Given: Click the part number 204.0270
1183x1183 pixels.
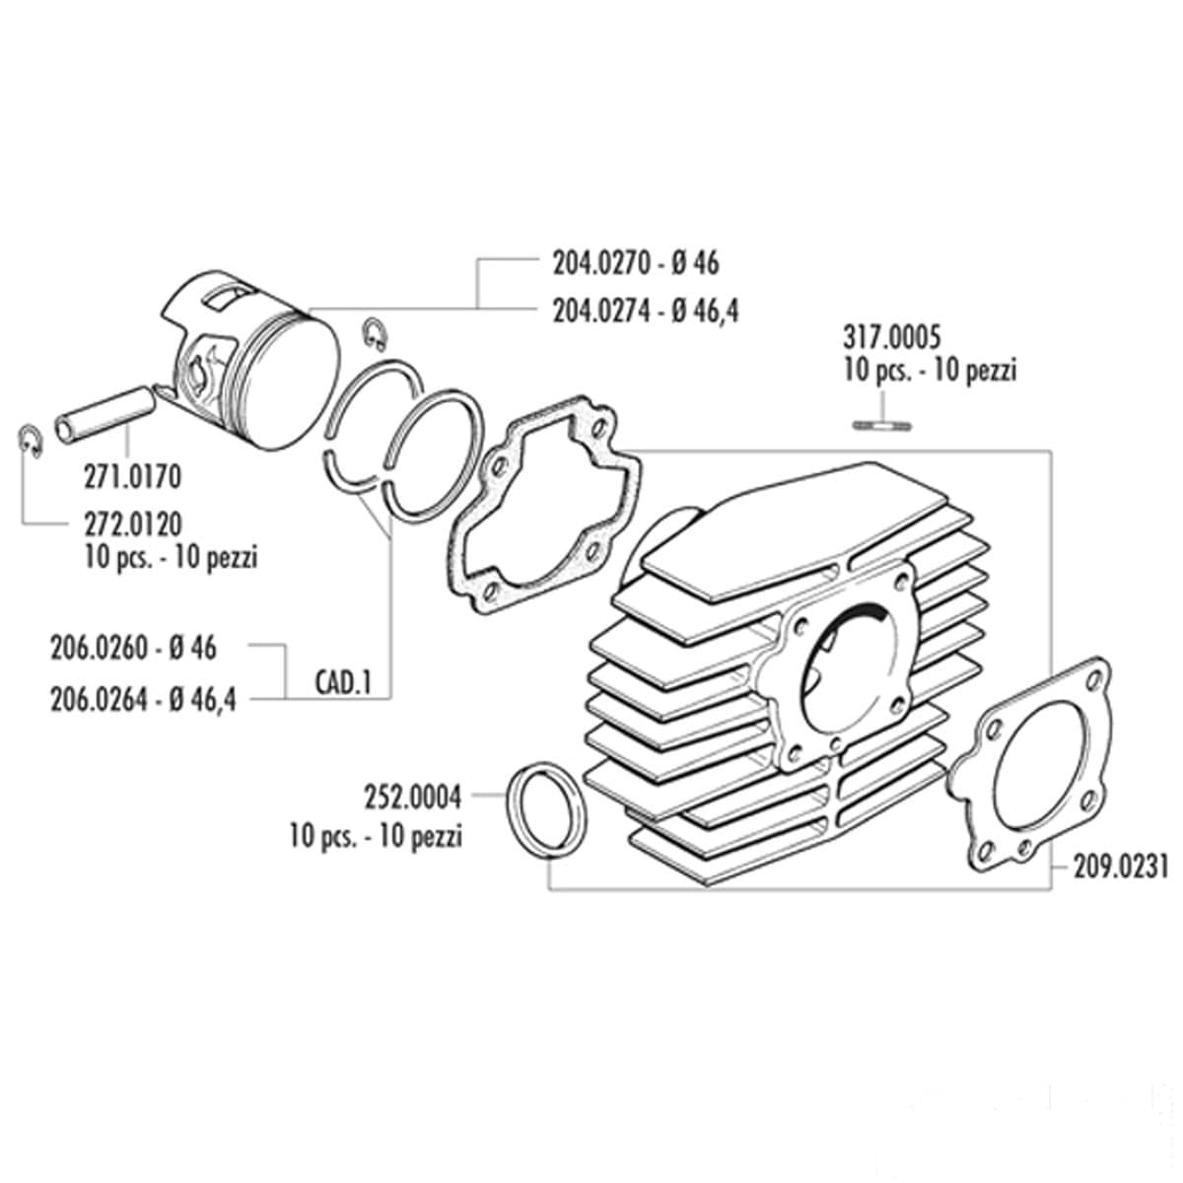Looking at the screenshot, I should (x=590, y=263).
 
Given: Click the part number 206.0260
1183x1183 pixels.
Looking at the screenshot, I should (x=99, y=649).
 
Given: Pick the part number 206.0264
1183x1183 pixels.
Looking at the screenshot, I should (x=99, y=699).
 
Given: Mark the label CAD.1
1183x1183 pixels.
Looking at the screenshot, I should (x=342, y=682).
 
